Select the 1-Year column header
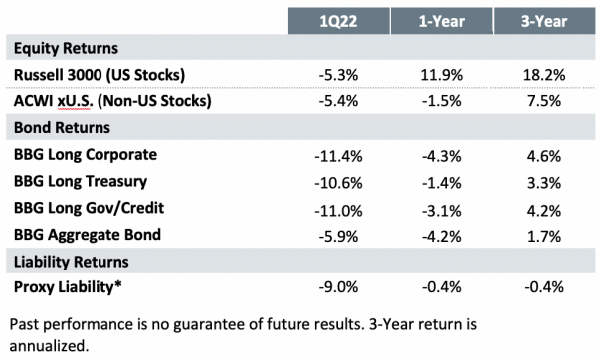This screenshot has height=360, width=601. tap(437, 21)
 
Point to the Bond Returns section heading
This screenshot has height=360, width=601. tap(58, 128)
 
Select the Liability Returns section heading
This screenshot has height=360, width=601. tap(66, 262)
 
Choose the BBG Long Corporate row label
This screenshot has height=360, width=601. tap(89, 155)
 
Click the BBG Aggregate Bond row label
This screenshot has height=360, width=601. tap(90, 236)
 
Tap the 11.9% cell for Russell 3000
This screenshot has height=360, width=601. tap(437, 75)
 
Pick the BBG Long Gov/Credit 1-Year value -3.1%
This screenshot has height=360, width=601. tap(437, 209)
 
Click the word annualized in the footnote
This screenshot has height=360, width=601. tap(47, 347)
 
